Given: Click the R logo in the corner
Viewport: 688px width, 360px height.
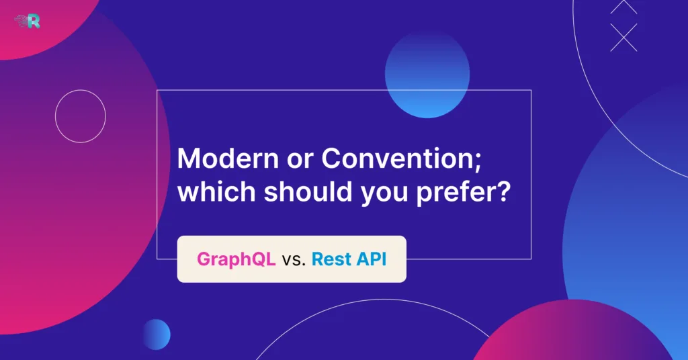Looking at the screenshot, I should pyautogui.click(x=28, y=21).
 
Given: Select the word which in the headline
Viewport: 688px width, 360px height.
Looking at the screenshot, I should pyautogui.click(x=214, y=193).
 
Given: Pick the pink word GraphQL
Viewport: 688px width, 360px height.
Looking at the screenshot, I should pyautogui.click(x=236, y=259).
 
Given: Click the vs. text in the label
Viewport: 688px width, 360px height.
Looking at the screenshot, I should pyautogui.click(x=294, y=260).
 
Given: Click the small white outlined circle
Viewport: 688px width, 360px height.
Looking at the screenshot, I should pyautogui.click(x=81, y=116).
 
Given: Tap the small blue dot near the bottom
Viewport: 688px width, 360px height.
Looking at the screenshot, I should pyautogui.click(x=156, y=334).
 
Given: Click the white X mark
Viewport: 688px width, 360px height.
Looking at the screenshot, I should pyautogui.click(x=623, y=37).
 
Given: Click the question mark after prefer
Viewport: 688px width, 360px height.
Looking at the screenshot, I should pyautogui.click(x=506, y=193).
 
